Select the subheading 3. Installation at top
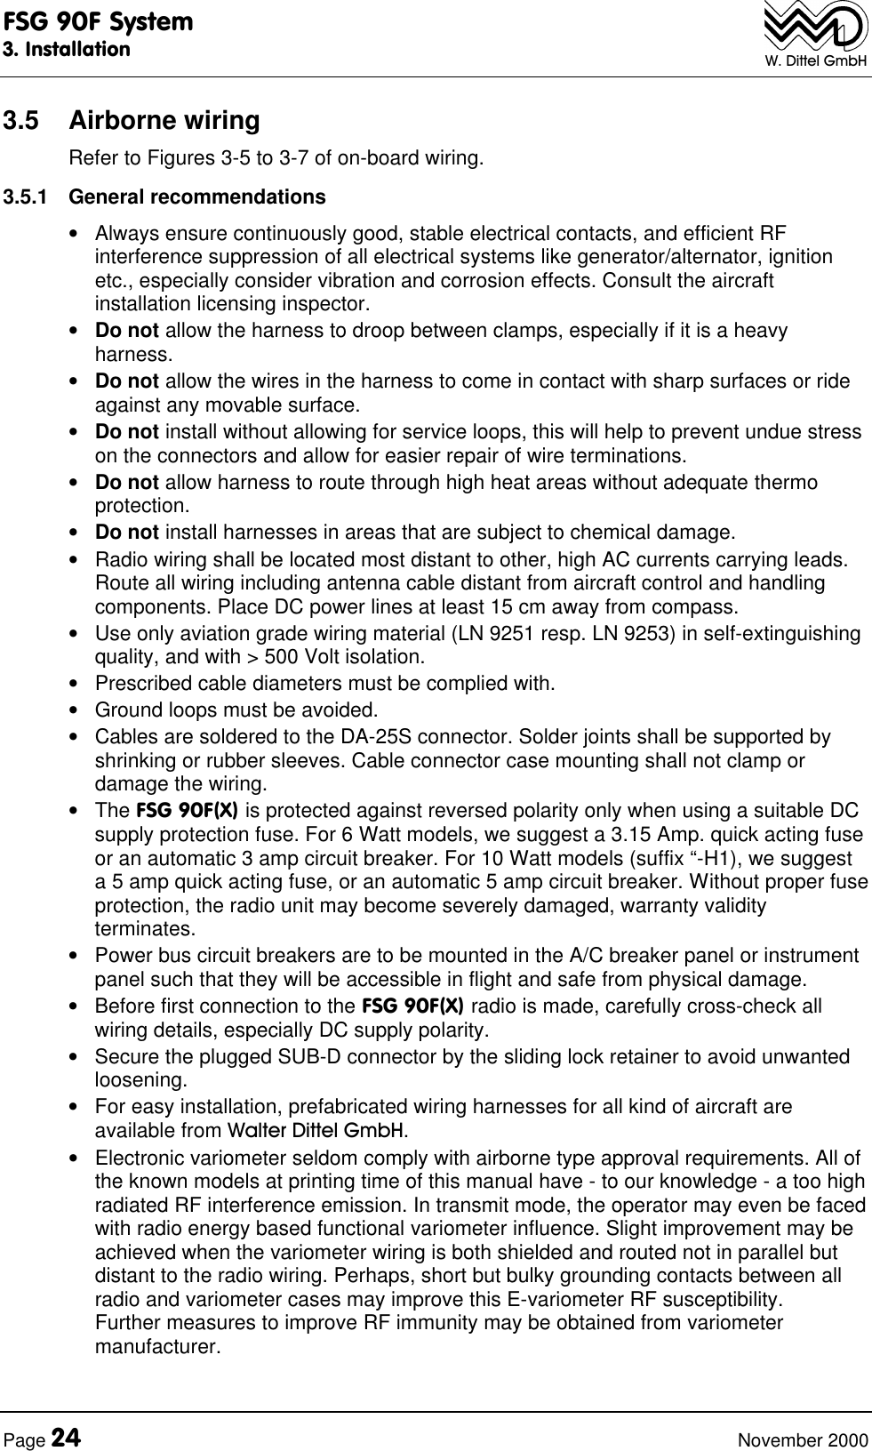tap(66, 48)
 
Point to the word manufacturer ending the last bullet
tap(156, 1347)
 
